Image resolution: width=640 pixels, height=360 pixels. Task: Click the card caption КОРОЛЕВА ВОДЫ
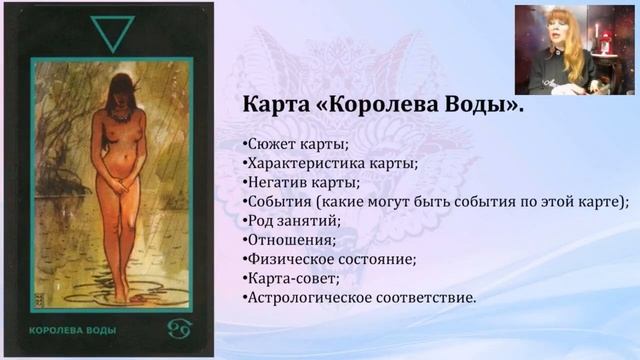click(65, 329)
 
